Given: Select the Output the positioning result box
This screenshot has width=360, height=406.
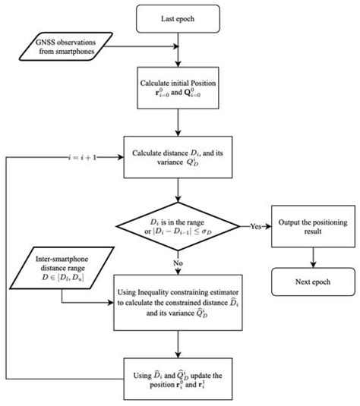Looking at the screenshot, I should pos(311,226).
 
